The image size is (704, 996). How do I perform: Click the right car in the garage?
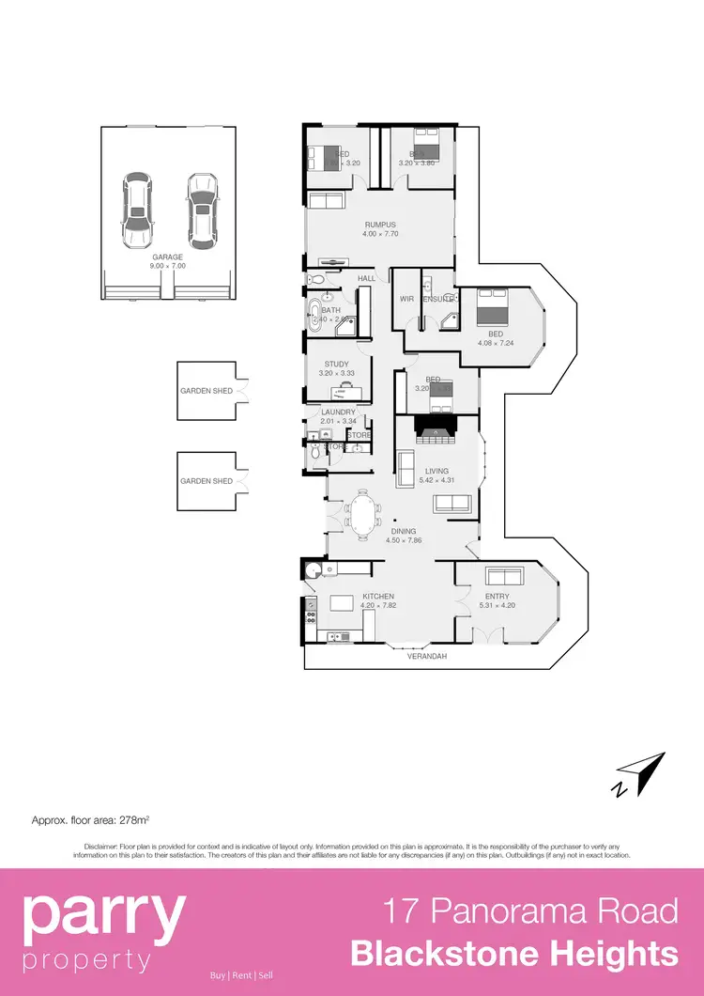[x=200, y=210]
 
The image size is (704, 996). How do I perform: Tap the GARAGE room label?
[x=168, y=257]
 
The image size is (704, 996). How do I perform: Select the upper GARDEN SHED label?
[x=207, y=390]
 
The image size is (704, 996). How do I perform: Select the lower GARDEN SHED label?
[x=207, y=481]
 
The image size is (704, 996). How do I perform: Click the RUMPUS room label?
[x=380, y=225]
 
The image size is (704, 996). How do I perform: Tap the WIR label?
[x=406, y=299]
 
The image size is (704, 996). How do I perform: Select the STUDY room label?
[x=336, y=364]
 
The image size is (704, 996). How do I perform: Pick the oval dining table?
[x=362, y=515]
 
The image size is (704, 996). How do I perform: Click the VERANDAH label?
[x=426, y=656]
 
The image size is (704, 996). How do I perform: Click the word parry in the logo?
[x=103, y=918]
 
